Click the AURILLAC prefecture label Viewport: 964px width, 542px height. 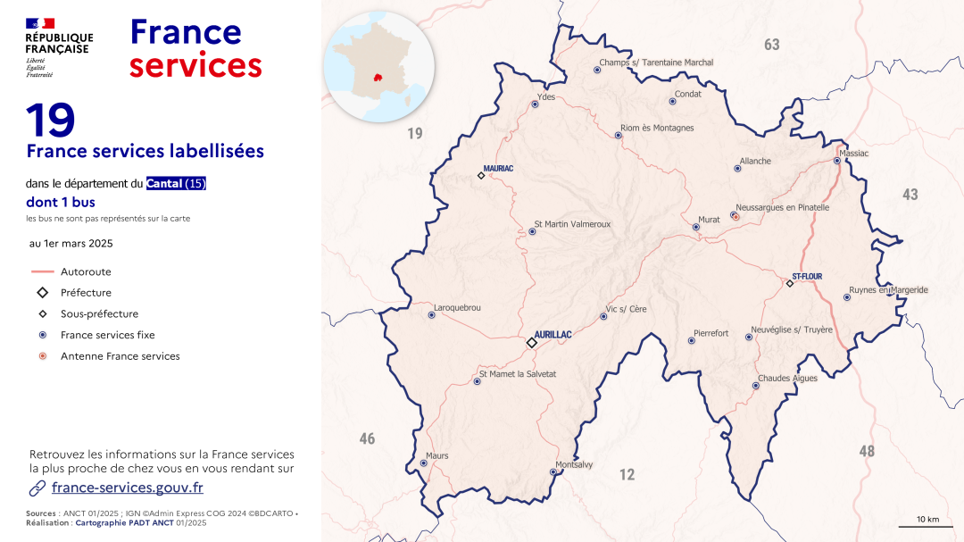[553, 334]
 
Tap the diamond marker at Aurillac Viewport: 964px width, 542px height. [531, 343]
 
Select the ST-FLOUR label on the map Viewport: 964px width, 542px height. [807, 277]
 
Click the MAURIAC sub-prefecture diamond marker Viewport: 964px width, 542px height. [481, 175]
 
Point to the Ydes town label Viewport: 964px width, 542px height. [545, 96]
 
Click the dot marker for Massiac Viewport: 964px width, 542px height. [837, 161]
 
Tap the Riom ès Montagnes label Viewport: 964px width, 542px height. [657, 129]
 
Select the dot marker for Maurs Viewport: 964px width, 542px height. [423, 463]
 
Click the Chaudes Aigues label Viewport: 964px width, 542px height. [787, 379]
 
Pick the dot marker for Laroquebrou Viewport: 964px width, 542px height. [432, 315]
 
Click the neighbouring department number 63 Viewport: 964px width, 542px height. [772, 45]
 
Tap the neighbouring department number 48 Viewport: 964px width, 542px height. [867, 451]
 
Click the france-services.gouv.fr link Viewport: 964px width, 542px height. [128, 488]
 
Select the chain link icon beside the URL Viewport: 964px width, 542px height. [37, 488]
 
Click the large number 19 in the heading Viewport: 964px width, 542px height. [50, 121]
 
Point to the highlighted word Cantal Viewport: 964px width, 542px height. [165, 184]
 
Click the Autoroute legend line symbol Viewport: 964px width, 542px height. [43, 271]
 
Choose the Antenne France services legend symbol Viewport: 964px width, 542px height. [43, 356]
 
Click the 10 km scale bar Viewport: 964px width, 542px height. [928, 527]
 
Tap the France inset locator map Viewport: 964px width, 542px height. [378, 66]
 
